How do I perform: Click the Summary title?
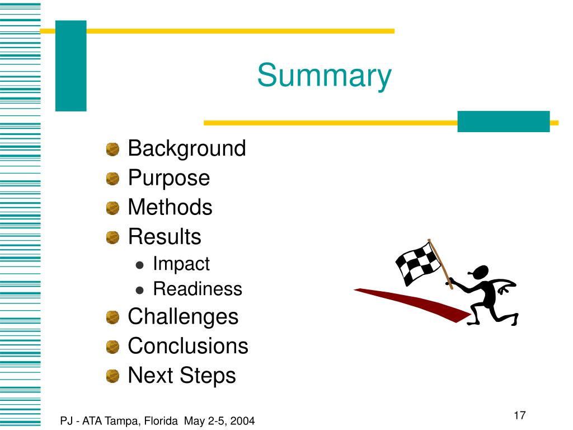(325, 76)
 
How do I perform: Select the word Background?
(187, 149)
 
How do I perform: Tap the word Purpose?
(168, 179)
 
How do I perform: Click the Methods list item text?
(170, 208)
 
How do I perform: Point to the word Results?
(165, 237)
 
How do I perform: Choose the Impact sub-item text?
(181, 264)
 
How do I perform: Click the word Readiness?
(197, 289)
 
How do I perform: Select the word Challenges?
(183, 316)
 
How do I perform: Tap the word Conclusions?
(188, 346)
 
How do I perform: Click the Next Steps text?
(182, 375)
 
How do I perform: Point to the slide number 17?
(519, 415)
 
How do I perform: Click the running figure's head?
(480, 272)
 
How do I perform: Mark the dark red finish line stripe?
(414, 303)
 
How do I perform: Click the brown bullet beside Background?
(113, 149)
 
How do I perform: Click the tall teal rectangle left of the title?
(71, 66)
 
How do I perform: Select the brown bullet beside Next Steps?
(113, 376)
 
